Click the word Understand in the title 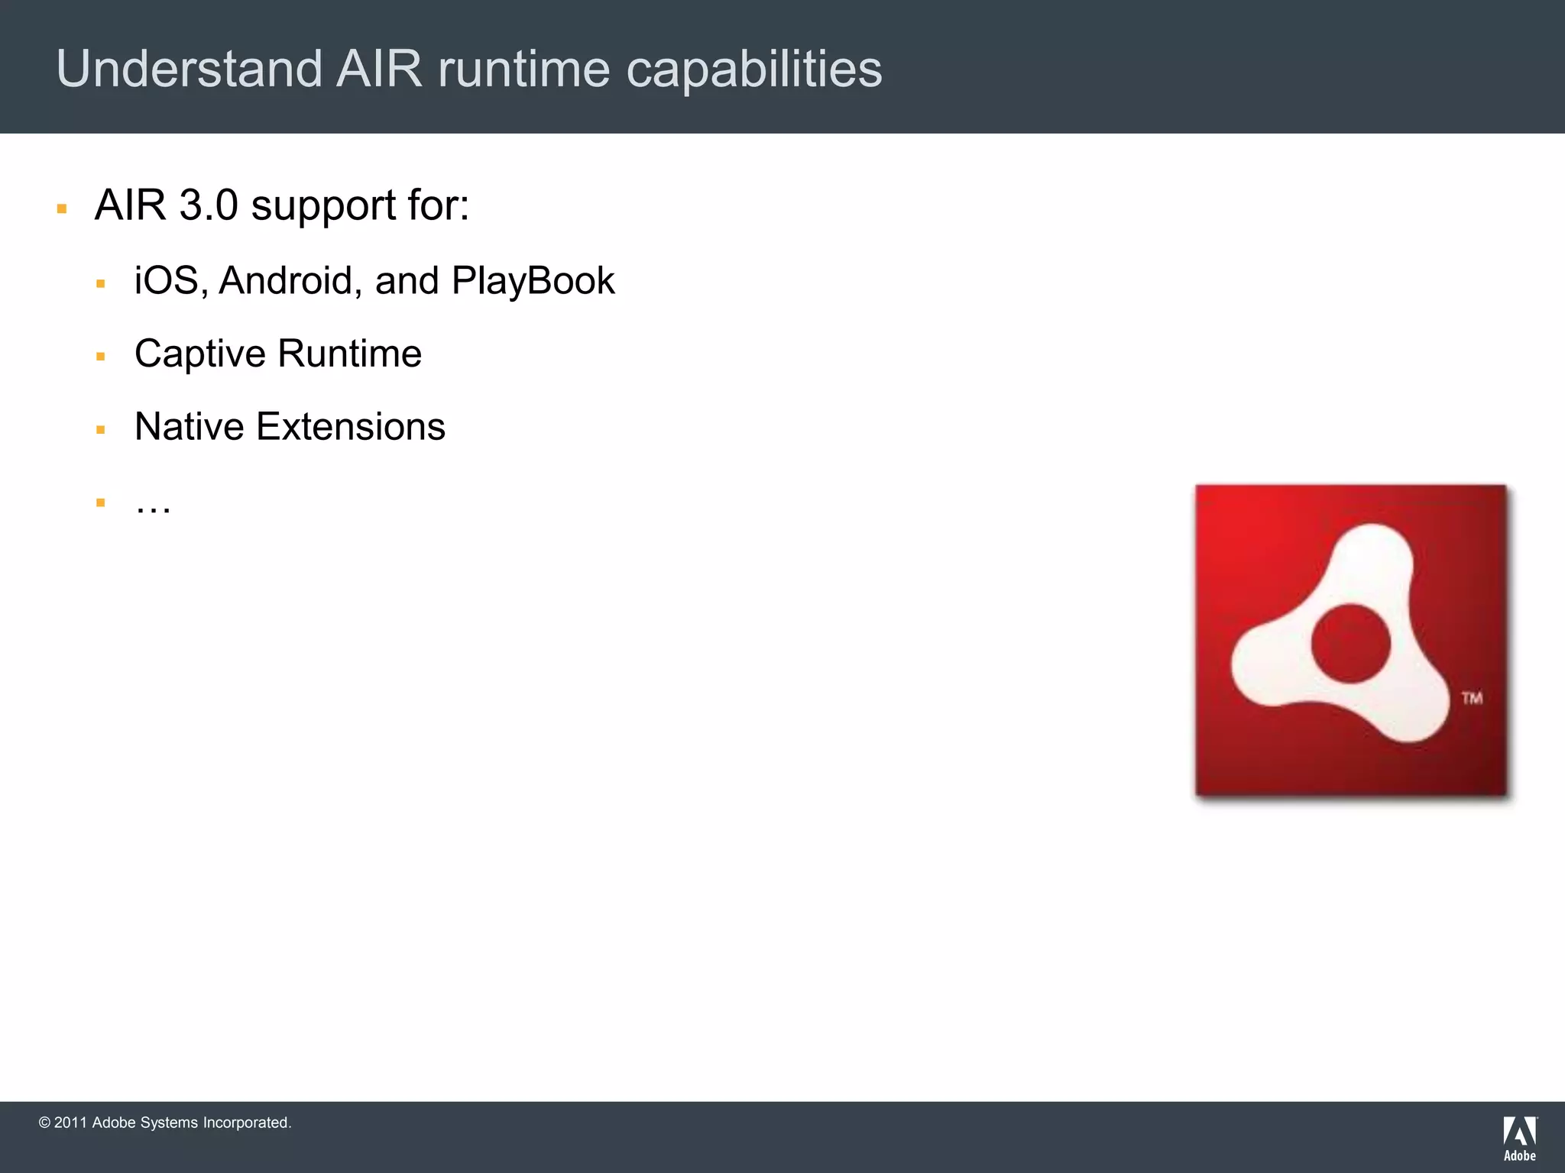[189, 69]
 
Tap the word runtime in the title [523, 69]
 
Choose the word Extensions [351, 426]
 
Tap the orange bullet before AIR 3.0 [62, 208]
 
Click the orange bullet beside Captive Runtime [100, 357]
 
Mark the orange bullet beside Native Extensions [100, 430]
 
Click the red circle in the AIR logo [1350, 643]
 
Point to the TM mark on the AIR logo [1472, 698]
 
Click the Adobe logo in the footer [1519, 1138]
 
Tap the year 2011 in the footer [70, 1123]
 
